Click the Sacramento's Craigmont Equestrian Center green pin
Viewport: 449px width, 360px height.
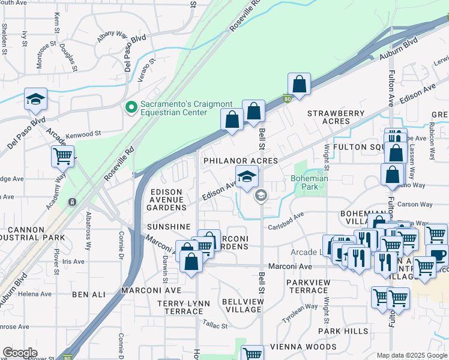pos(130,107)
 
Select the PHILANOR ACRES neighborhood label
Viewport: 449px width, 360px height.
pos(240,161)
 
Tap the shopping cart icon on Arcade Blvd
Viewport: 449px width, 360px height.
pos(62,156)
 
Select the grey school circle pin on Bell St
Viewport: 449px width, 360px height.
pos(261,195)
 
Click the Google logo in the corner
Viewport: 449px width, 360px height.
pos(20,353)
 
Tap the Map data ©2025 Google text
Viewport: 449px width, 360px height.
pos(411,355)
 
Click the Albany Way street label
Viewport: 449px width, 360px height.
pos(113,37)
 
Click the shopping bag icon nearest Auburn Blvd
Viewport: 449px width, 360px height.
pos(299,84)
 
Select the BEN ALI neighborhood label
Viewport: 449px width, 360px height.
pos(88,295)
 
